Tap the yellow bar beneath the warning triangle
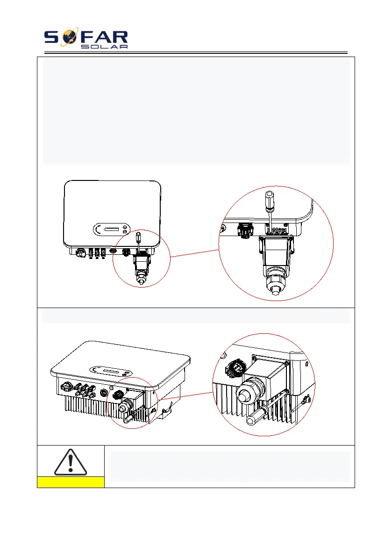[71, 482]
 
